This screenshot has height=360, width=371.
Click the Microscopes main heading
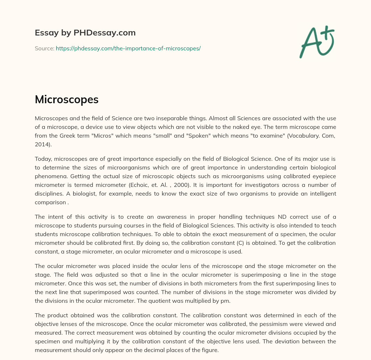[x=67, y=100]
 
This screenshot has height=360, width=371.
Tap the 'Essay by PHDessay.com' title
[x=85, y=33]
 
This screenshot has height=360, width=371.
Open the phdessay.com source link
[x=128, y=48]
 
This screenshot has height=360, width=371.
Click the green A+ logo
[x=317, y=42]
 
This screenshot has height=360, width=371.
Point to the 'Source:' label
[x=45, y=48]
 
